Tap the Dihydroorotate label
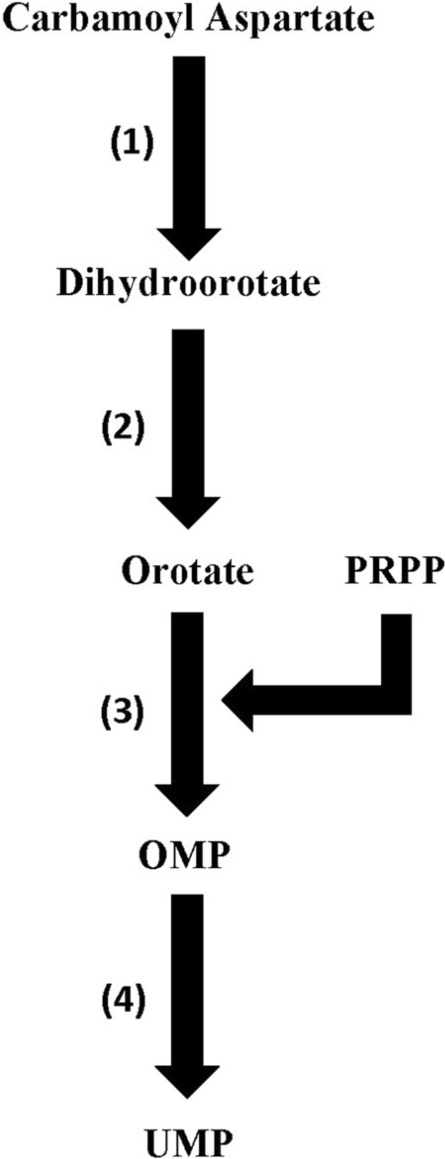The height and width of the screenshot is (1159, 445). [188, 284]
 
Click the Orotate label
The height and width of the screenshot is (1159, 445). [187, 571]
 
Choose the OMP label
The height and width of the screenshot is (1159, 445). [184, 856]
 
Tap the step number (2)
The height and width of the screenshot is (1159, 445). [123, 428]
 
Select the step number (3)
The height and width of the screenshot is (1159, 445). [122, 713]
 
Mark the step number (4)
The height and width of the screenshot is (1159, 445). [122, 999]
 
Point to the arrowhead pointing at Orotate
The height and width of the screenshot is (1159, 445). [188, 513]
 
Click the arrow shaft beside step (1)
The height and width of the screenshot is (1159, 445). [188, 143]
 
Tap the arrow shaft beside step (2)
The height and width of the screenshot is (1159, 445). [188, 416]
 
